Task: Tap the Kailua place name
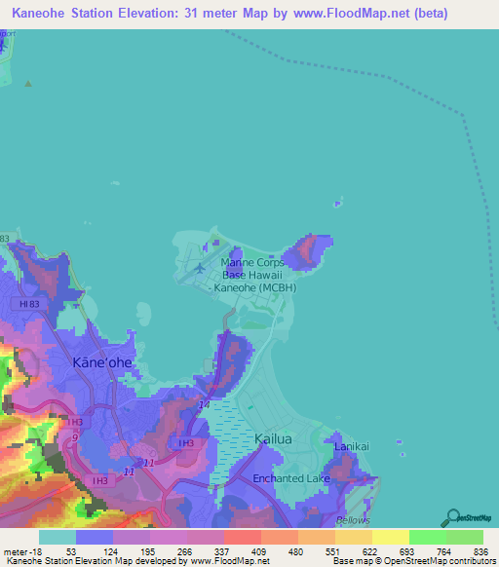coord(273,439)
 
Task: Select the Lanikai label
coord(352,446)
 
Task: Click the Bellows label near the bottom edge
coord(353,521)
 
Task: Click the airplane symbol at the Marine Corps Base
coord(200,267)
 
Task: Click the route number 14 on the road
coord(204,404)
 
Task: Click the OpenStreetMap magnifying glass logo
coord(454,516)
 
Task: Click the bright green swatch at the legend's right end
coord(464,537)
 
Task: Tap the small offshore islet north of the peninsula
coord(337,205)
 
